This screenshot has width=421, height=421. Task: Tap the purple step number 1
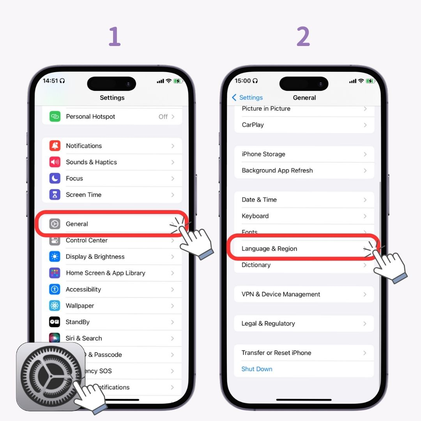114,37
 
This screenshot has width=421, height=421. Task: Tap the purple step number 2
303,37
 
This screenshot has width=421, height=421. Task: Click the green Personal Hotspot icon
55,117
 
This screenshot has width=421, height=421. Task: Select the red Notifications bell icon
55,146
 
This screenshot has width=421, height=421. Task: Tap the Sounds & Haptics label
91,162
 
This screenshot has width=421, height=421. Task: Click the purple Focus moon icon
55,179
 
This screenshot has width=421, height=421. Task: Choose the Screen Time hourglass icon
55,195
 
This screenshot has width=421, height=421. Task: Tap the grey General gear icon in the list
55,224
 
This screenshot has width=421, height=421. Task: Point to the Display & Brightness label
95,257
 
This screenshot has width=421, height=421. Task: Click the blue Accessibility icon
55,290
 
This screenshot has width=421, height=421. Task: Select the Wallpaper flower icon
55,306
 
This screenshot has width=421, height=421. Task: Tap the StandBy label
78,322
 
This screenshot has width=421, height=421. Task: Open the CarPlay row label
253,125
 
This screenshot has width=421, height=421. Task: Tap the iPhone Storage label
263,154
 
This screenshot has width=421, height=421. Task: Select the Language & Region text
269,249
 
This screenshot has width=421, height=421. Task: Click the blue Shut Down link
256,369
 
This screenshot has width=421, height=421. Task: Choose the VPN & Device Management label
281,295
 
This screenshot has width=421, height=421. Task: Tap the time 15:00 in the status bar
242,81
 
